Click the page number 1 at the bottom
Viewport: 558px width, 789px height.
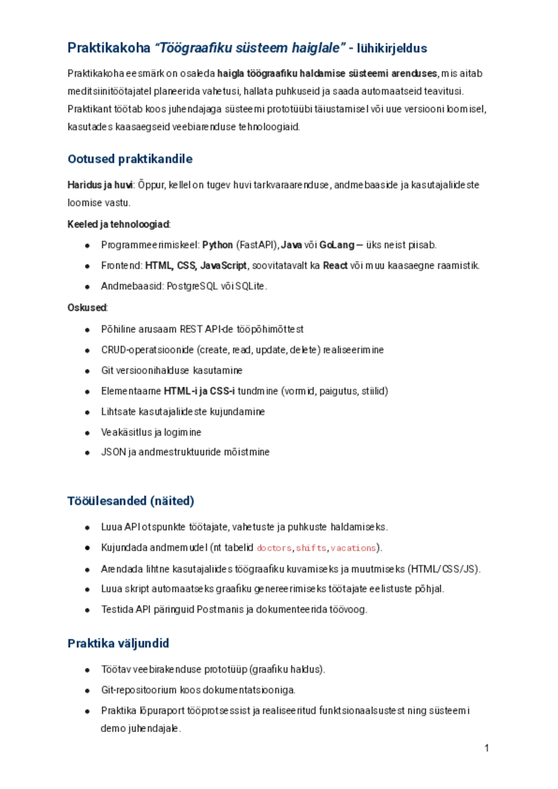487,748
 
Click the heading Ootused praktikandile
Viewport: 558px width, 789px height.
130,159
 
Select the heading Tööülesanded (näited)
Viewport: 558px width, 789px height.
131,501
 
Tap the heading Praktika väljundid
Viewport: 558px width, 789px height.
118,644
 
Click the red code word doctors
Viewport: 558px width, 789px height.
274,548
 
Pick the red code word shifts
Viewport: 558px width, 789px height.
311,548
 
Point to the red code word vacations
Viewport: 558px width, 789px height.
353,548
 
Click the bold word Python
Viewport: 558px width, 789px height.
217,245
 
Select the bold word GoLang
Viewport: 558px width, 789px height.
337,245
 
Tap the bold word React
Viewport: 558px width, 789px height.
335,266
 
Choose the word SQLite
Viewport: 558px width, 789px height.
250,286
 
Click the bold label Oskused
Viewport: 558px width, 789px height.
87,308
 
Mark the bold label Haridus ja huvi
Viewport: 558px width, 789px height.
100,185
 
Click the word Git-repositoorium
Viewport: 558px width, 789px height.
139,690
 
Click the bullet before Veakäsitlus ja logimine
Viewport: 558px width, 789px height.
87,433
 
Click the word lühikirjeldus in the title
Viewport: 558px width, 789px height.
392,48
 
